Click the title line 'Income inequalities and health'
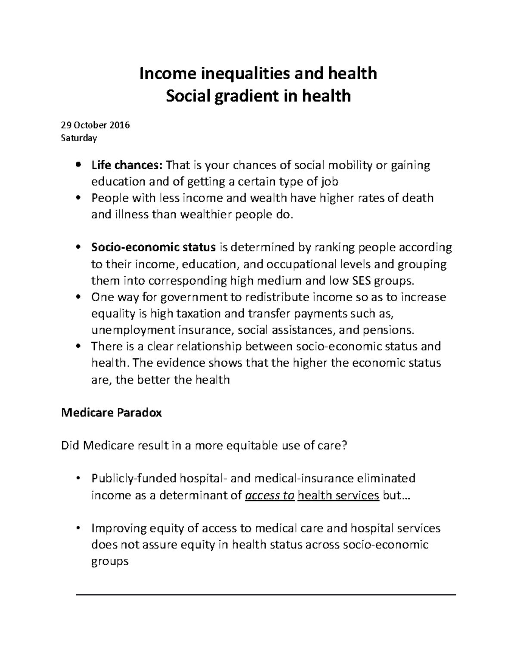pyautogui.click(x=258, y=74)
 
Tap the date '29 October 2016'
pyautogui.click(x=95, y=125)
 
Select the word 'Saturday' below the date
pyautogui.click(x=79, y=138)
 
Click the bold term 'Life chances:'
pyautogui.click(x=127, y=165)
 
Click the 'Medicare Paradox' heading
pyautogui.click(x=112, y=413)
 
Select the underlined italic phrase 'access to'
pyautogui.click(x=270, y=495)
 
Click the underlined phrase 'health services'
pyautogui.click(x=338, y=495)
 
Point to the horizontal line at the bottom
pyautogui.click(x=266, y=595)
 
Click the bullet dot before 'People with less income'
pyautogui.click(x=78, y=199)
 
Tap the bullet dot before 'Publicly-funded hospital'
pyautogui.click(x=78, y=479)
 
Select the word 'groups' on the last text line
pyautogui.click(x=110, y=562)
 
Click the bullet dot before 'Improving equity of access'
pyautogui.click(x=78, y=529)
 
